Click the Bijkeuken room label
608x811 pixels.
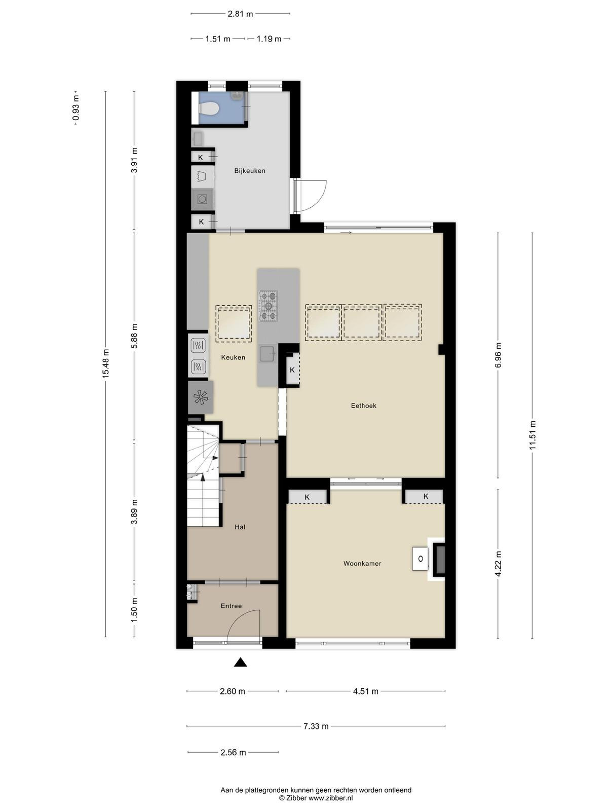tap(250, 171)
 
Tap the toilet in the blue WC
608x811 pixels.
tap(209, 108)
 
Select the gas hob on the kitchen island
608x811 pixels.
tap(268, 306)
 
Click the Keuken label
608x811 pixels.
tap(233, 357)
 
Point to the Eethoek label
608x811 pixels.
tap(364, 405)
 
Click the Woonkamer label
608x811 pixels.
tap(362, 564)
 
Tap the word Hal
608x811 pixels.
tap(240, 527)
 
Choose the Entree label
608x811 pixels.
tap(231, 606)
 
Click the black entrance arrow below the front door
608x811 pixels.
tap(240, 662)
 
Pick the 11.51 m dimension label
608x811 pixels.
tap(532, 435)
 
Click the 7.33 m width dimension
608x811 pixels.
tap(316, 726)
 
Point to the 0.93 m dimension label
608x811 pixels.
tap(75, 108)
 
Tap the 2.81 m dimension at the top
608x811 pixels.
tap(240, 14)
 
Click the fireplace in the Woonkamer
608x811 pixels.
tap(436, 559)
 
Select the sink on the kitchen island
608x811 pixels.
tap(268, 354)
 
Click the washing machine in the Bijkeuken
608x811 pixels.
tap(202, 199)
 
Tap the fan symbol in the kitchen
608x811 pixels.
tap(201, 397)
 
